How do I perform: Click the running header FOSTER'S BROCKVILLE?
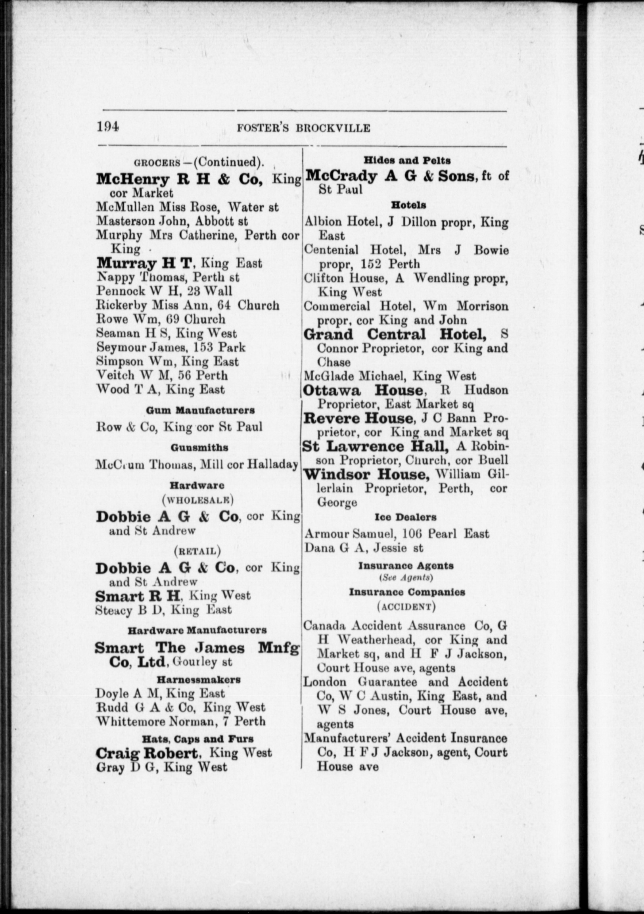(x=303, y=128)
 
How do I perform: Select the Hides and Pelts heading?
(x=407, y=160)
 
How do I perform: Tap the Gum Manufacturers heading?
(x=200, y=410)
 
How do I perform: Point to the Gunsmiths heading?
(x=199, y=447)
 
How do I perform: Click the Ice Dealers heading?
(x=405, y=518)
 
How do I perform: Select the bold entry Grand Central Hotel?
(x=395, y=334)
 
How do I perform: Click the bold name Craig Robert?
(x=146, y=753)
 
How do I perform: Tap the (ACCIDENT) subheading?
(x=406, y=607)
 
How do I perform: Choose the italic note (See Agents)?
(x=406, y=578)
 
